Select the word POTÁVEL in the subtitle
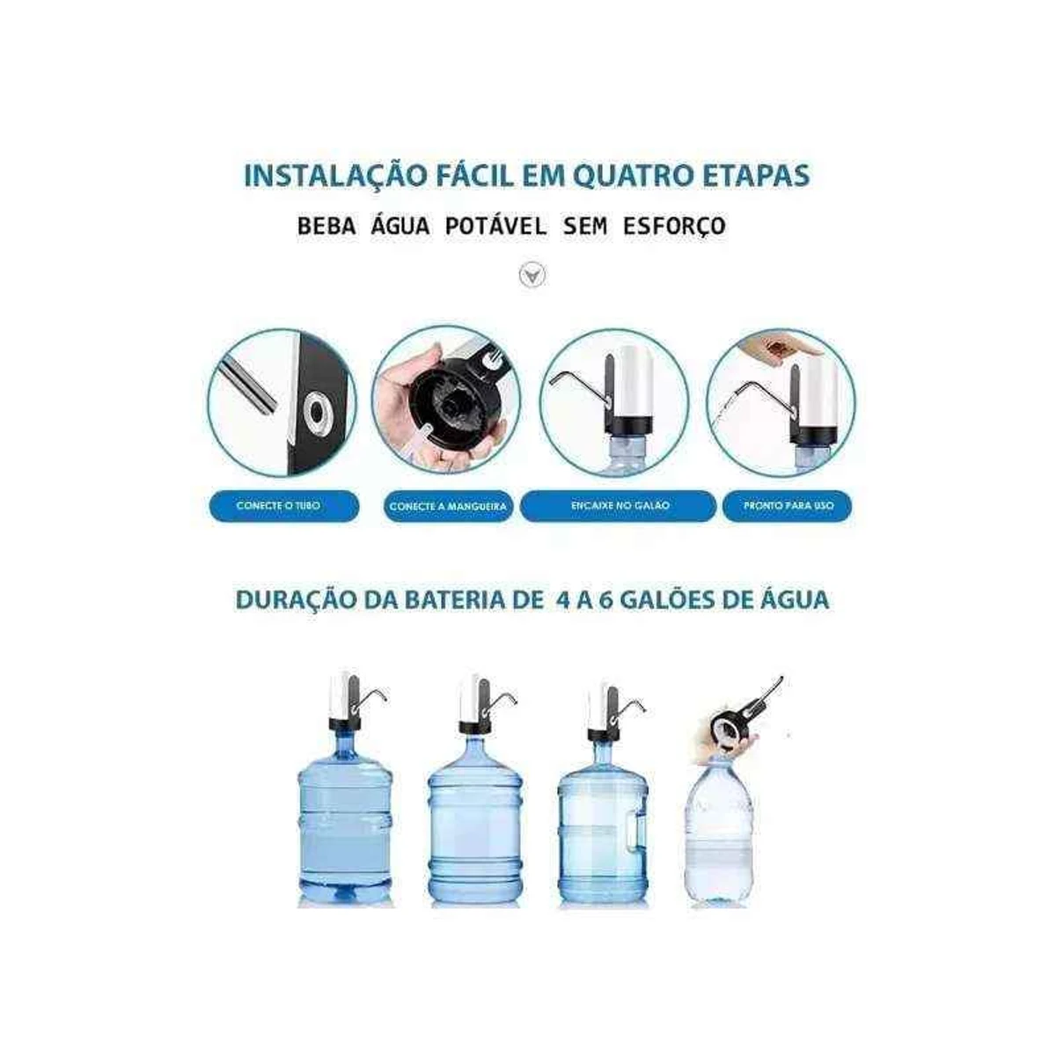click(x=495, y=226)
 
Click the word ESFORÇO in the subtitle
click(x=674, y=226)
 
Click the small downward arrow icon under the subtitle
click(x=532, y=275)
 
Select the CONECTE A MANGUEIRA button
click(x=449, y=507)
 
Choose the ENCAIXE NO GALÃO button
click(x=618, y=507)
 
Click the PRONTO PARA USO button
click(x=788, y=507)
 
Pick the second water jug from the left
click(x=474, y=818)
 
